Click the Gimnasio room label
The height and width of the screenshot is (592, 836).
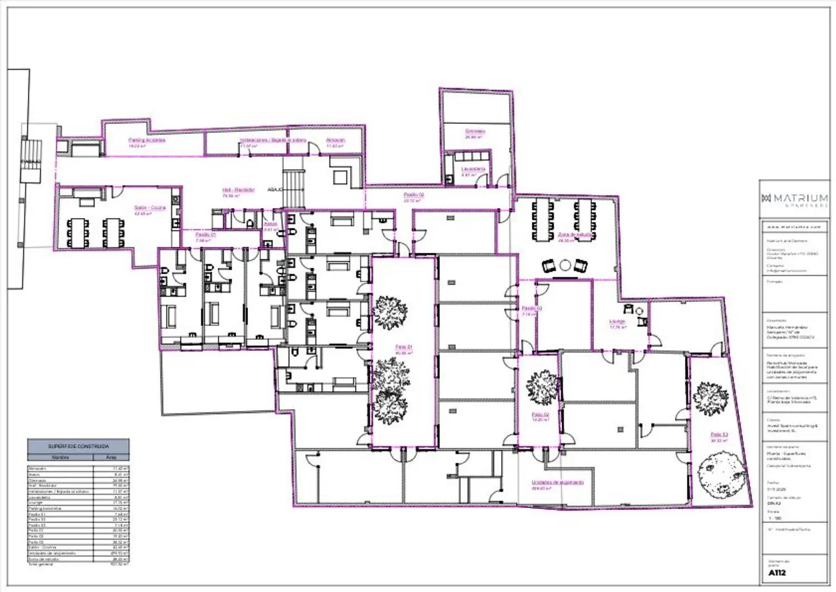[475, 132]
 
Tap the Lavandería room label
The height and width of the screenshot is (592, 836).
[473, 169]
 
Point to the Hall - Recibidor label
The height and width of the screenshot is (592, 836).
[239, 190]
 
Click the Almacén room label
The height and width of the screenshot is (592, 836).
[336, 140]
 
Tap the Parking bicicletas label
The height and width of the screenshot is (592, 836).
[147, 140]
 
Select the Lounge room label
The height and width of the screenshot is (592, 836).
[617, 321]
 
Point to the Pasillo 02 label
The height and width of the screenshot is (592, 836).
[414, 195]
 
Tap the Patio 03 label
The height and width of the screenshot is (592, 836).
[718, 434]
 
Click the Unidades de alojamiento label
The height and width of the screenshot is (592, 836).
[557, 482]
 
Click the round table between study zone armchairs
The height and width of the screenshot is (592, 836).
[566, 265]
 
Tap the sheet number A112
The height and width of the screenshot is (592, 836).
[777, 572]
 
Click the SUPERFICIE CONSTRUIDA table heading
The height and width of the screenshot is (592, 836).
[79, 446]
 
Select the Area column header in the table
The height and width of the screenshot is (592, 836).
[111, 457]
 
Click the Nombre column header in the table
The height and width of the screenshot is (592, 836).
[60, 457]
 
